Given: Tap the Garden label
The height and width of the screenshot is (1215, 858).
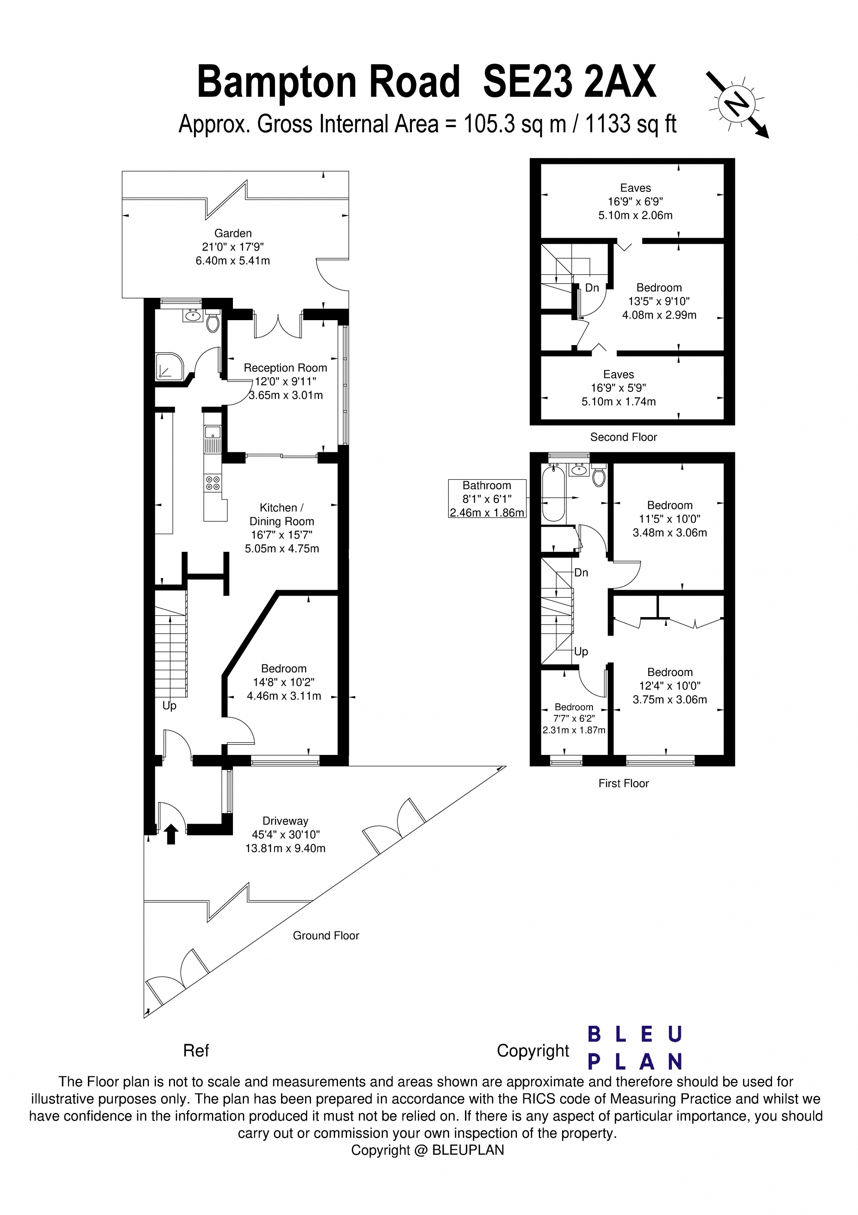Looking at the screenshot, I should coord(233,233).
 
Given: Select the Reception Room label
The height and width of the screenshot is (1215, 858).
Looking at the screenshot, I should coord(285,368).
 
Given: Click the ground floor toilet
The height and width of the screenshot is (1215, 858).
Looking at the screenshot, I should coord(213,323).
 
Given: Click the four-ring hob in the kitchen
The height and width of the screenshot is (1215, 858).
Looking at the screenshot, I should coord(213,483).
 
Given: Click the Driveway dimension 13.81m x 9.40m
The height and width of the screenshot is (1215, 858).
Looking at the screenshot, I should coord(285,848).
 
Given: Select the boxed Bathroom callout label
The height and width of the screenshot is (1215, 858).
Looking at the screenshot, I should coord(486,498).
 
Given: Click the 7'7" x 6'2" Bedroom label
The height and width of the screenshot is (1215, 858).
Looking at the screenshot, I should coord(574,718).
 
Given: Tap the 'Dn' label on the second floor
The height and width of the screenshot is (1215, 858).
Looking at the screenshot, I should coord(592,288).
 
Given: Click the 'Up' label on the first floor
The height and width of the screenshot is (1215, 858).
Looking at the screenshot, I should coord(581,651).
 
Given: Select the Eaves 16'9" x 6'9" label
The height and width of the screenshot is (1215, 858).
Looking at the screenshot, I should coord(635,202).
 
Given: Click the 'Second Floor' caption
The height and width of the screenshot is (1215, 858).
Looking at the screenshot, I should coord(623,437).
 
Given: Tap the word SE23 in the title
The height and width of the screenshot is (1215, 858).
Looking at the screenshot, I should coord(527,82).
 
